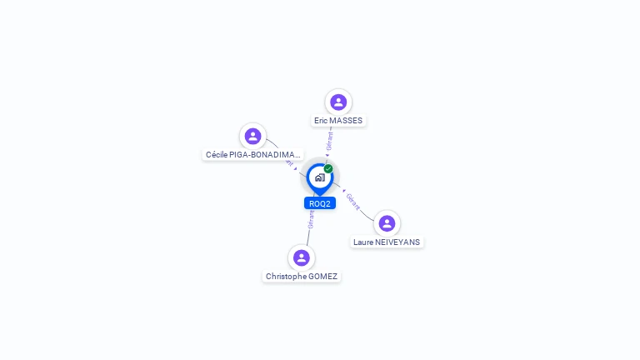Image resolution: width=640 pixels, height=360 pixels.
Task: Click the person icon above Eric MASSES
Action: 338,102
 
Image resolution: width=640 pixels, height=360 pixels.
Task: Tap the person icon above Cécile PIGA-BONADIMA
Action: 252,136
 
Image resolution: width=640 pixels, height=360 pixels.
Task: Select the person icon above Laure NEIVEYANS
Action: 387,223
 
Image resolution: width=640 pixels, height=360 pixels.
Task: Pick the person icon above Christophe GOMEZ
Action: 302,257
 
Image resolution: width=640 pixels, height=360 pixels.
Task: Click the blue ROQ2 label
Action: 320,203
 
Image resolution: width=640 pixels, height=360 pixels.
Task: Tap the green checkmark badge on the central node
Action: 328,169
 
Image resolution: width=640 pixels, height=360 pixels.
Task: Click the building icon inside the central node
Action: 319,177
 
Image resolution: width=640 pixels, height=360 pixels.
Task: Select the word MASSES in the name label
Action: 346,121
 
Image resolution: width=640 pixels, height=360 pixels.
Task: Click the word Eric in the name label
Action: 322,121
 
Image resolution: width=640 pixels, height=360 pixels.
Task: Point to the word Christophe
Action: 286,277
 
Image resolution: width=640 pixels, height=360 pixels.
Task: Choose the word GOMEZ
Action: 323,277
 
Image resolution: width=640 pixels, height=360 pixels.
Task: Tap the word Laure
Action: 363,242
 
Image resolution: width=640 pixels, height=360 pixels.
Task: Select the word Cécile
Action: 218,155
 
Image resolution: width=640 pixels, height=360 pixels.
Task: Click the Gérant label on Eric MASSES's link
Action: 330,142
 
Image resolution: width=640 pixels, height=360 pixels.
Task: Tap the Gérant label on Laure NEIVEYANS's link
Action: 352,202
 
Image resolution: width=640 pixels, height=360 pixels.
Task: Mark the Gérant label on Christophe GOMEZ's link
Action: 311,219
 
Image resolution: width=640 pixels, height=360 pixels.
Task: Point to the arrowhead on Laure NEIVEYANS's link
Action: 344,191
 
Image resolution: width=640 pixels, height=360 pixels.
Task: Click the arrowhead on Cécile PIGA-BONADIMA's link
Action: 295,168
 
